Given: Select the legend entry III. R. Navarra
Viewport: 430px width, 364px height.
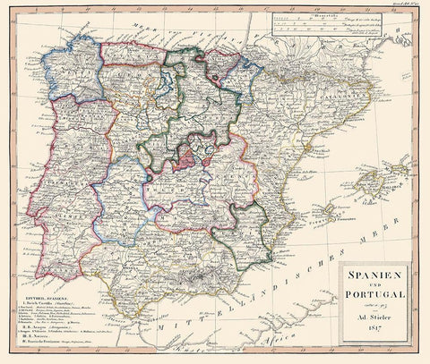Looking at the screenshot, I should tap(36, 336).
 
